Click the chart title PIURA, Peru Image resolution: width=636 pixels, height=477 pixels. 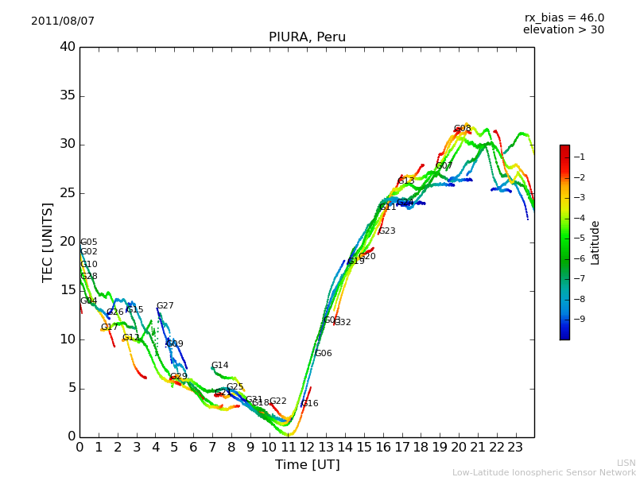[x=307, y=37]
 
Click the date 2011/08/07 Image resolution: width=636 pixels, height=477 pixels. [x=63, y=21]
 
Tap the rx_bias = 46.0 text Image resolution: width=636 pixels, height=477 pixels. [x=564, y=18]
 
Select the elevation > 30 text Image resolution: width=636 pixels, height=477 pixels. [x=564, y=30]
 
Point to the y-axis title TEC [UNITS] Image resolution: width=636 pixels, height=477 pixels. [x=48, y=242]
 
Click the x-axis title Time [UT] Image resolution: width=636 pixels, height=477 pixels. [x=307, y=465]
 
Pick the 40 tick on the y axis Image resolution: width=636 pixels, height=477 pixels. [x=68, y=47]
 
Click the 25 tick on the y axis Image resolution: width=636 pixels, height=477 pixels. [x=68, y=193]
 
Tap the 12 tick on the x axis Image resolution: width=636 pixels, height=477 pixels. [x=308, y=448]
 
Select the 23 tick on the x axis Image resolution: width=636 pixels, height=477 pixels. [x=516, y=448]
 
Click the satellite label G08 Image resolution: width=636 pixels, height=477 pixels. [x=463, y=129]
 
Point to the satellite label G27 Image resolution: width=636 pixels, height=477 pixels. [x=165, y=306]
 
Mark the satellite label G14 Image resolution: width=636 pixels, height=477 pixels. [x=219, y=366]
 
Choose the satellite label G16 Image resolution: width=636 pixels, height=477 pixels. [x=309, y=404]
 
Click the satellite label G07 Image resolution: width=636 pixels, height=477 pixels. [x=444, y=166]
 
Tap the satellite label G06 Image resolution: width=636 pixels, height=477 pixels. [x=324, y=354]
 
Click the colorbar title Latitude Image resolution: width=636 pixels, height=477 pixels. [x=595, y=242]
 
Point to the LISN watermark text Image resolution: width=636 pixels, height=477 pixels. [x=626, y=463]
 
